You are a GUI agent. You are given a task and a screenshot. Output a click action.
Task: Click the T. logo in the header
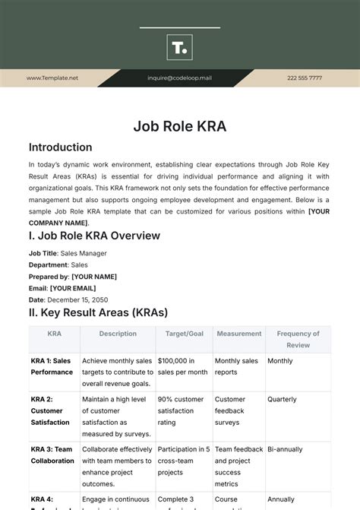coord(179,48)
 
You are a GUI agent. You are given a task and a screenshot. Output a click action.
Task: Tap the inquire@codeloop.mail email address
coord(179,78)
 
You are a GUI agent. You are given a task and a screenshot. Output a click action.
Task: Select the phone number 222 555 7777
coord(304,78)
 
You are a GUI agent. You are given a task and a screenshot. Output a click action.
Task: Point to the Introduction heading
coord(60,147)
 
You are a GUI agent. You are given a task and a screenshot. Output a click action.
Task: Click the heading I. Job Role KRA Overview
coord(94,236)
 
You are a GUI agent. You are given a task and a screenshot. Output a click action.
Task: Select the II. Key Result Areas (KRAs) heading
coord(98,312)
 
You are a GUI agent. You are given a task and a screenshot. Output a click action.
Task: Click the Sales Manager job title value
coord(84,253)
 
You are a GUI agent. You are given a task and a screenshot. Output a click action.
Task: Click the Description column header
coord(118,334)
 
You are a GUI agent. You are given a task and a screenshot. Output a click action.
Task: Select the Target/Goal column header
coord(183,334)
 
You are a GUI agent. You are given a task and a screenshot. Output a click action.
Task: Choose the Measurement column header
coord(238,334)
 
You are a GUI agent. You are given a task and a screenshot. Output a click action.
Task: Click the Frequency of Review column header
coord(298,339)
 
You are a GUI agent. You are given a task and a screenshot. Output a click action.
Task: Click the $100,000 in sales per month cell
coord(182,366)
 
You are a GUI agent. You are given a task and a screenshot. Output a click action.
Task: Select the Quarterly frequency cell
coord(282,399)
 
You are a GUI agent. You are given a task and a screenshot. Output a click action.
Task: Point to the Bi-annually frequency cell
coord(284,449)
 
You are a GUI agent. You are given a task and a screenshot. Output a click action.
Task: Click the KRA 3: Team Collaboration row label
coord(52,455)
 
